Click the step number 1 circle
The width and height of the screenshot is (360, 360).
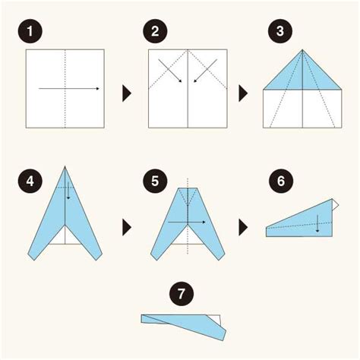[x=30, y=31]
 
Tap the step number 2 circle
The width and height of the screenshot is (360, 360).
[x=155, y=31]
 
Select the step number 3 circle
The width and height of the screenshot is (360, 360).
[x=280, y=31]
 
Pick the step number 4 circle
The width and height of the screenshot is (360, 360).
[x=30, y=182]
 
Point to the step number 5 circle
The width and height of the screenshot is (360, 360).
[x=155, y=182]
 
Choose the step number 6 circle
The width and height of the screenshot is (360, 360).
[x=281, y=182]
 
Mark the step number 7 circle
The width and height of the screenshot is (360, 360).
[x=182, y=294]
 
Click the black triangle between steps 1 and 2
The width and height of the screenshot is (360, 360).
[x=127, y=93]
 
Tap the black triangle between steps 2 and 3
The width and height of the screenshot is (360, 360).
[x=243, y=93]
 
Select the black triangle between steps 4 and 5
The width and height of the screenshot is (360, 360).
[x=127, y=227]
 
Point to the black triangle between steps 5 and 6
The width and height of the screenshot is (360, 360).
[x=243, y=227]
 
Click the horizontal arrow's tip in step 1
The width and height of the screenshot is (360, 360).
[x=99, y=89]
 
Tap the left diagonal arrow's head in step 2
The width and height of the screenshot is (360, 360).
[x=182, y=82]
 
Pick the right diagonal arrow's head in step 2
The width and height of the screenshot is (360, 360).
[x=194, y=82]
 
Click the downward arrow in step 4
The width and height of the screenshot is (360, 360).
[x=68, y=191]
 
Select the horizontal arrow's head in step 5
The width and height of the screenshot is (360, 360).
[x=204, y=223]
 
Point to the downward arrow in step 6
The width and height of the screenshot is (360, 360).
[x=317, y=223]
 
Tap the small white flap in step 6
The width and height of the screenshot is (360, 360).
[x=335, y=204]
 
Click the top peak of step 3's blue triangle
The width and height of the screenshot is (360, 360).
[x=302, y=49]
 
